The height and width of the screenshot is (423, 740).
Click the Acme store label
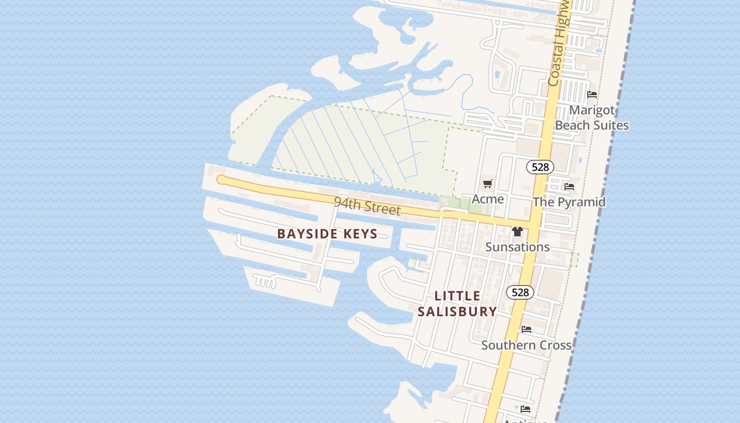[487, 199]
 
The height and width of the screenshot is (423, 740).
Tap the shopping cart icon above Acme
[487, 184]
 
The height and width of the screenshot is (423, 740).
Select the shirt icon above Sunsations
[517, 232]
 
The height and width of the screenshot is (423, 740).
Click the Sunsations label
[517, 247]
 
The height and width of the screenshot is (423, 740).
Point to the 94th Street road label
[367, 206]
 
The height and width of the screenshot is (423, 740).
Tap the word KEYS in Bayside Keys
[361, 234]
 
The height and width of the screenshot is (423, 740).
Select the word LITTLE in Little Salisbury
[458, 296]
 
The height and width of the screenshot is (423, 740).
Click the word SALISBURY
[457, 311]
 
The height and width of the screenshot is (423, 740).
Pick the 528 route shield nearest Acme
[540, 167]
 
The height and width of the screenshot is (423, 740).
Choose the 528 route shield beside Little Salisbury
[520, 292]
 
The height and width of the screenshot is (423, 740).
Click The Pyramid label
[569, 202]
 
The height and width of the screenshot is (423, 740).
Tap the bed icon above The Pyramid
[569, 187]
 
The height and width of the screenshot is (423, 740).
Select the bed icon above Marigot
[592, 95]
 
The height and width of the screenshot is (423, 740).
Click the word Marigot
[592, 111]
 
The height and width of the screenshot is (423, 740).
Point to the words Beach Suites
[592, 125]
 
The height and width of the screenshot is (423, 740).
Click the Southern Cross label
[526, 345]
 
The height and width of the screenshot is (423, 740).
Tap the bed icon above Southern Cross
[526, 329]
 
